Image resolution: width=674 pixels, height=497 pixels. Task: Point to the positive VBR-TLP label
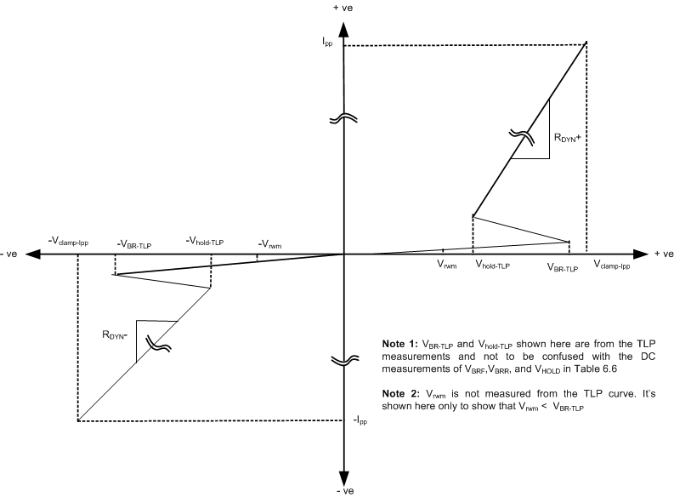tap(562, 267)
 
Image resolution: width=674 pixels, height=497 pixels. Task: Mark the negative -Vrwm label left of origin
tap(271, 245)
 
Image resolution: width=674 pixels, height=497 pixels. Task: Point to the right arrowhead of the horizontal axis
tap(640, 254)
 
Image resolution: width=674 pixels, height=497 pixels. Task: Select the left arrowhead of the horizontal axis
tap(35, 254)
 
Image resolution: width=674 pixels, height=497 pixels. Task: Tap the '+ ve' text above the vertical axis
tap(343, 8)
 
